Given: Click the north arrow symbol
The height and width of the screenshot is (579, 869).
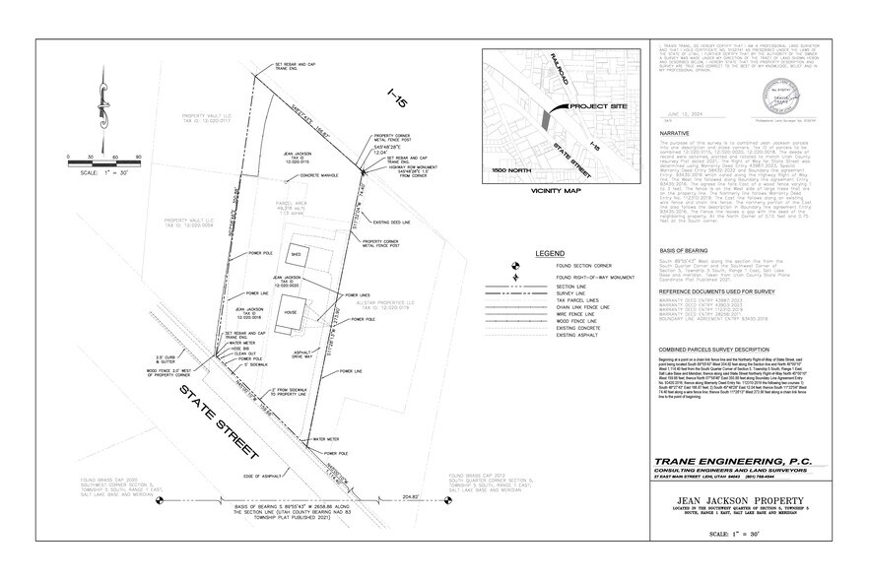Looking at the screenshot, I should point(100,101).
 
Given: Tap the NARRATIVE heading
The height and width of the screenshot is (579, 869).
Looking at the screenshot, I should point(674,131).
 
